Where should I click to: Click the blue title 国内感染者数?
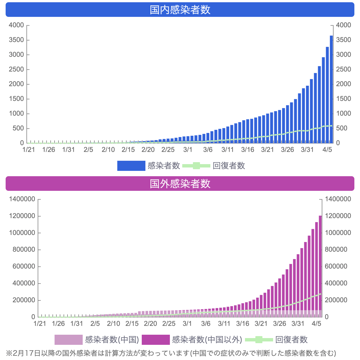tap(180, 10)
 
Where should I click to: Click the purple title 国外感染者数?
tap(180, 184)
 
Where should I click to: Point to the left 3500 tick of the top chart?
tap(16, 40)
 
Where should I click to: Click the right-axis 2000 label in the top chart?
tap(344, 84)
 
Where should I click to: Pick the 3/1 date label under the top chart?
tap(188, 150)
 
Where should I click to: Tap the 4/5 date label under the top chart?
tap(327, 150)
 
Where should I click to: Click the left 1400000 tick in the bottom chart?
tap(22, 199)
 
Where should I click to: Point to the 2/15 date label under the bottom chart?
tap(132, 323)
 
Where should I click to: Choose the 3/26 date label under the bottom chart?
tap(279, 323)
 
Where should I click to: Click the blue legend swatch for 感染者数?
tap(131, 166)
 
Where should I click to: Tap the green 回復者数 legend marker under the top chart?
tap(196, 166)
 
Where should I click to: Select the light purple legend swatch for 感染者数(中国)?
tap(68, 340)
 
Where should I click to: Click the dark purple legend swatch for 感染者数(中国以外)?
tap(156, 340)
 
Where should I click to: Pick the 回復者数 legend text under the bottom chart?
tap(291, 340)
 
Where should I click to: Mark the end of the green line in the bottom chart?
tap(320, 294)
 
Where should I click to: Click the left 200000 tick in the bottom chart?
tap(24, 300)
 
